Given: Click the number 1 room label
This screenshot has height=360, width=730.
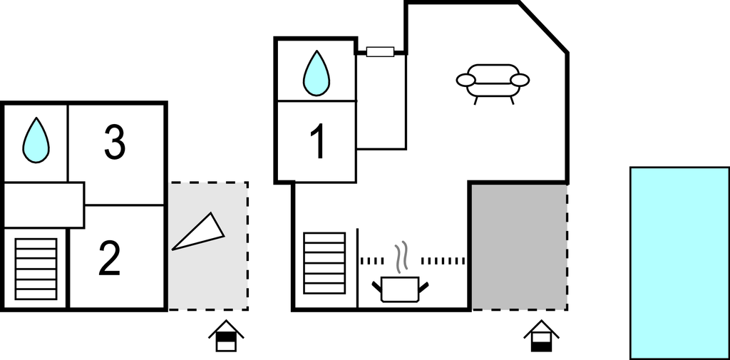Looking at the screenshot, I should coord(319,142).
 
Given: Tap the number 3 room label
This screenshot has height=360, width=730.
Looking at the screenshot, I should coord(114,142).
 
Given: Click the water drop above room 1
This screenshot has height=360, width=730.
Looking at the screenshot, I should coord(317,74).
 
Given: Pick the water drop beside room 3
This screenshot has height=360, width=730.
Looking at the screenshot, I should coord(36,140).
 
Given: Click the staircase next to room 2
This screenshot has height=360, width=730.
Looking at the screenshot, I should coord(36,269).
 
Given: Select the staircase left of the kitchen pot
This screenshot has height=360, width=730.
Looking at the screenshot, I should coord(324,262).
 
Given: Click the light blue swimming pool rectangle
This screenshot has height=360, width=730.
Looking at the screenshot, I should coord(679,262).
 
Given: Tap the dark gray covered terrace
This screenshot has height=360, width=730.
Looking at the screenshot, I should coord(519,246).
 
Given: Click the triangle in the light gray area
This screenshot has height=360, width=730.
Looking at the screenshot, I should coord(199,232).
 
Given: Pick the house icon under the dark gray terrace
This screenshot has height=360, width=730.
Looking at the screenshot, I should coord(541,336).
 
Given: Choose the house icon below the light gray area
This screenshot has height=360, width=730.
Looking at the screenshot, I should coord(226,336).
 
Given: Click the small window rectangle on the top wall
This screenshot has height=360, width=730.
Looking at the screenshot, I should coord(380,51).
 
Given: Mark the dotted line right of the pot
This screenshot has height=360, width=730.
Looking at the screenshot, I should coord(443,261).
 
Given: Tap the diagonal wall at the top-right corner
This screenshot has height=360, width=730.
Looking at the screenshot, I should coord(543,28).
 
